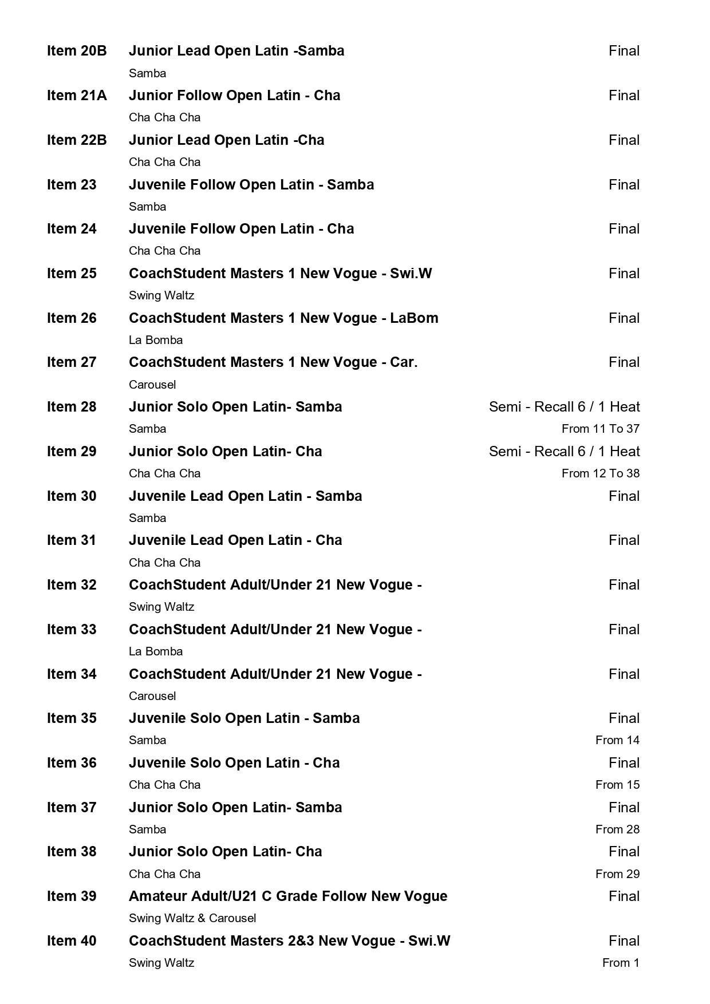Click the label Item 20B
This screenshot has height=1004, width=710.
[77, 51]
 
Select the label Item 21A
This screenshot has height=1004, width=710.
[77, 96]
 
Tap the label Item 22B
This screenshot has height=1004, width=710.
[77, 140]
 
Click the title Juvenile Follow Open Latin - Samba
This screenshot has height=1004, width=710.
[251, 185]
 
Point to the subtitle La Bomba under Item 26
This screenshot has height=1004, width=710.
[156, 340]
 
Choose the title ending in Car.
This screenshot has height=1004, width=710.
[273, 362]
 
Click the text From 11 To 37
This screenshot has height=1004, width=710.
[600, 429]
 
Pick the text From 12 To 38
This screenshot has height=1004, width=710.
[600, 473]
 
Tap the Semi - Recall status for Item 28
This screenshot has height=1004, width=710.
[564, 407]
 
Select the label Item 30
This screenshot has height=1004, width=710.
[72, 496]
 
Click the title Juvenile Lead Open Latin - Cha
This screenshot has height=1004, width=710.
[235, 540]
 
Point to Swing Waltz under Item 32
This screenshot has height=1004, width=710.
[161, 607]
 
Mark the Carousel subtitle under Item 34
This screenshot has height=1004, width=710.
[152, 696]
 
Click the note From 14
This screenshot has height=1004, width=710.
[617, 740]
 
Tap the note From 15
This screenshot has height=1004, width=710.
[617, 785]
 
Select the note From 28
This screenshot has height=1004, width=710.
[617, 829]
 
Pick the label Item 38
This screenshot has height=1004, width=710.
[72, 852]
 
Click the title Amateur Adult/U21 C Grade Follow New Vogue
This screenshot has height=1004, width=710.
[288, 896]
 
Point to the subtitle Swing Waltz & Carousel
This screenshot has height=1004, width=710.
[192, 918]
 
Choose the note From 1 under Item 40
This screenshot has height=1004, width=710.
[621, 963]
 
